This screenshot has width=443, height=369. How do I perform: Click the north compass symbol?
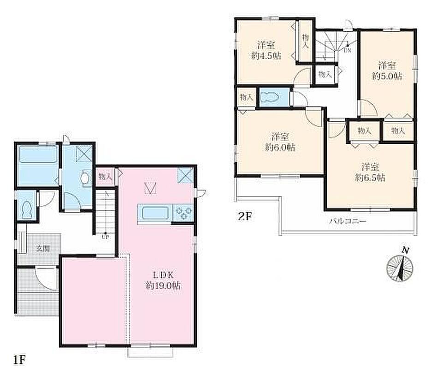(400, 266)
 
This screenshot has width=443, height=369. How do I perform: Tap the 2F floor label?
(245, 216)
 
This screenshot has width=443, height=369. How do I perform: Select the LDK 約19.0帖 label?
(163, 280)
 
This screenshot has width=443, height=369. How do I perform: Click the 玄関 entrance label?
(43, 249)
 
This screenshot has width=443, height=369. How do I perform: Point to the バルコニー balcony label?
(348, 221)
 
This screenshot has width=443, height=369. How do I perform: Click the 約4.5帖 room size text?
(266, 56)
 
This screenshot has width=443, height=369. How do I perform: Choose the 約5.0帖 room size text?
(387, 76)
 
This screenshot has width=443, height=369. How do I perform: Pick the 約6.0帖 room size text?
(280, 147)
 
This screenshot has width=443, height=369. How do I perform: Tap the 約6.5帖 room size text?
(370, 178)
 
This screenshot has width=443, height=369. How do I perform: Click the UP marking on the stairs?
(105, 237)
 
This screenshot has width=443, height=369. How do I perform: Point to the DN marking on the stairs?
(347, 51)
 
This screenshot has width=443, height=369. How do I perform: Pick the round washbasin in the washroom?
(85, 178)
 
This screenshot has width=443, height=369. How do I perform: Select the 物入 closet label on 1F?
(106, 177)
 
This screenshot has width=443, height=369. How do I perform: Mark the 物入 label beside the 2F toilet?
(246, 97)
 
